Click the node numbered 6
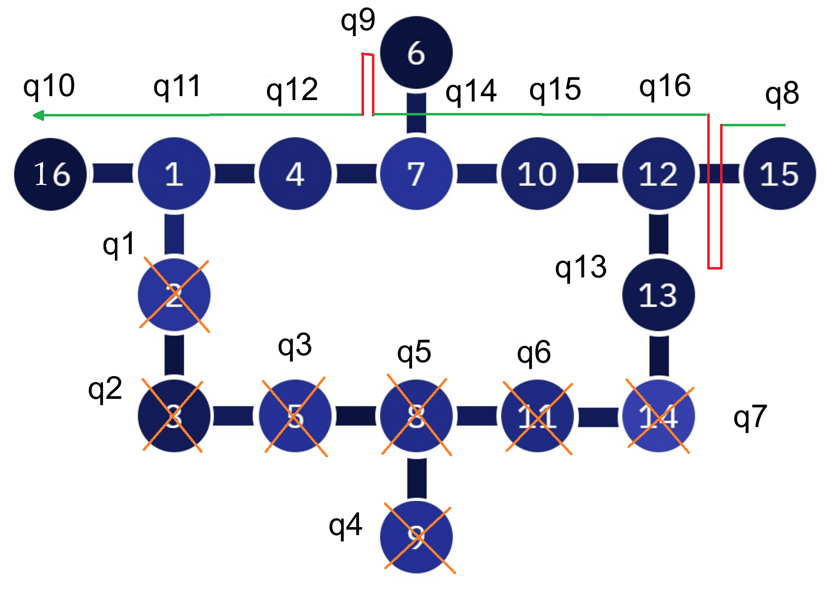click(416, 53)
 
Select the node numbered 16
click(51, 174)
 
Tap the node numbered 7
click(416, 174)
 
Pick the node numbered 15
click(780, 174)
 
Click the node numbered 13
click(658, 295)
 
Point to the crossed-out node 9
click(416, 537)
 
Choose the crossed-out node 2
click(174, 295)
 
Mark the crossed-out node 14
click(658, 416)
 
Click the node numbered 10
click(537, 174)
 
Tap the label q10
click(49, 87)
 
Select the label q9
click(358, 21)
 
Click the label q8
click(782, 94)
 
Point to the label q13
click(580, 268)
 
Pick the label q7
click(750, 417)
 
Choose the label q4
click(345, 526)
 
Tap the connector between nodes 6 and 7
click(416, 113)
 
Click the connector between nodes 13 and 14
click(658, 356)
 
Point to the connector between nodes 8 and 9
click(417, 478)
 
